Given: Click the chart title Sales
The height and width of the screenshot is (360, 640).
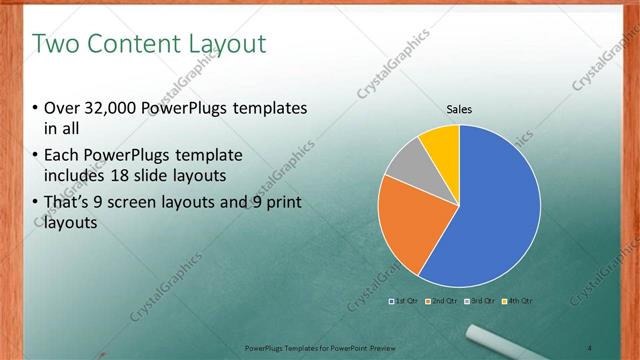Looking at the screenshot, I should [459, 110].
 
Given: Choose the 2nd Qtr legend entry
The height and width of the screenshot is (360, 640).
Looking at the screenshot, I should [443, 301].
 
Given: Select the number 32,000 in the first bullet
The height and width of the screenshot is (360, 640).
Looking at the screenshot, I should [107, 108].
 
